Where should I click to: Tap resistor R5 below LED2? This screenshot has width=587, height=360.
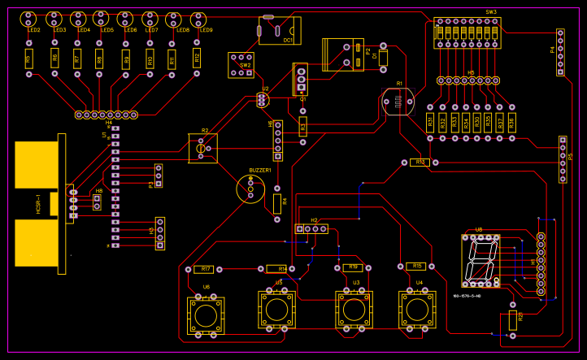tap(29, 59)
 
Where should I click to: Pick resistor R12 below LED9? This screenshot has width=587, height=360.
tap(197, 58)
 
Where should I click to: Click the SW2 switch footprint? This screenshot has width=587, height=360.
tap(241, 65)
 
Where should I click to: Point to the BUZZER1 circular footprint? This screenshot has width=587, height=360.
tap(251, 189)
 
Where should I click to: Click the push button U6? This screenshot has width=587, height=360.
tap(207, 314)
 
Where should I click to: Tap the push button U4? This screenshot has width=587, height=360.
tap(419, 310)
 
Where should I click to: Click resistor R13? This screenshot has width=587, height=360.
tap(419, 163)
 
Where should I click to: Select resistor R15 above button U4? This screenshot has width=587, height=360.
tap(416, 266)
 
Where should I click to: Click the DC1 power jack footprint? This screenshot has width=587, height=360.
tap(279, 30)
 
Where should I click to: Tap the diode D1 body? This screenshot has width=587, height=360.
tap(384, 59)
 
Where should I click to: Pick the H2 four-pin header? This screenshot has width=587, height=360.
tap(311, 229)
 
